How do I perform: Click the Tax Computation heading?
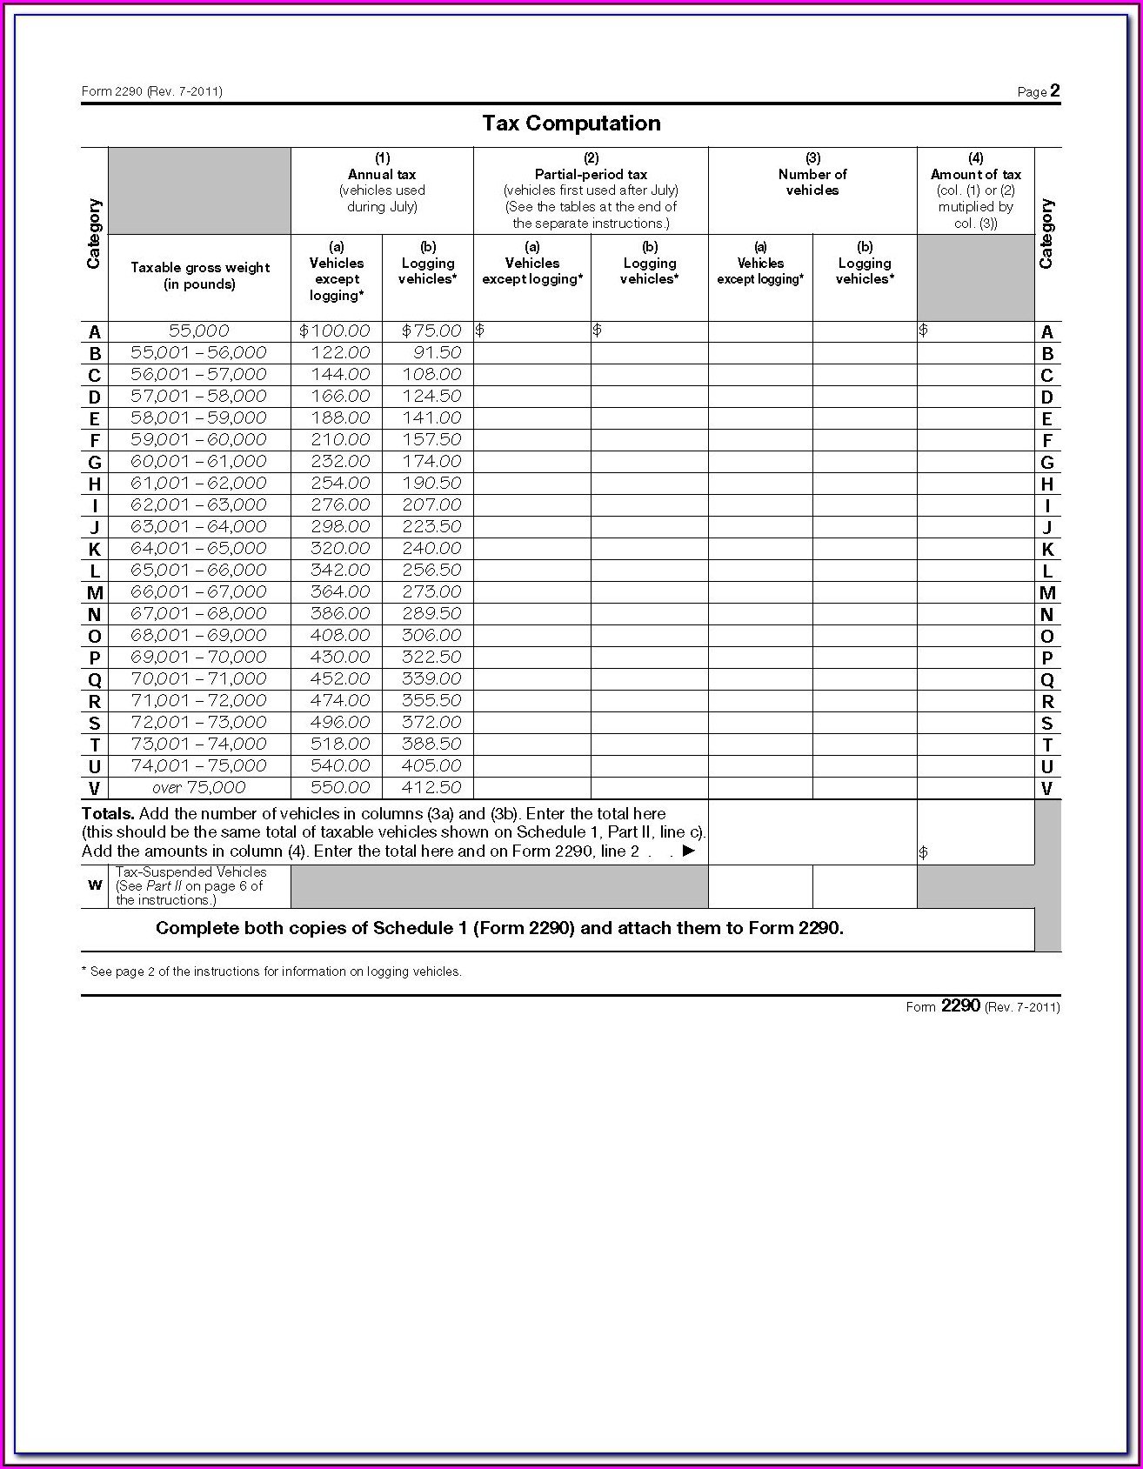pos(571,124)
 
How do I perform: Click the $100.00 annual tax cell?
pos(335,331)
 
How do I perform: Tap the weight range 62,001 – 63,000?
pos(199,504)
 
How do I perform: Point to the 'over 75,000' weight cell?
pos(199,787)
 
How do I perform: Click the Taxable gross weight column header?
pos(200,276)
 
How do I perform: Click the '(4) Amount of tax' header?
pos(975,190)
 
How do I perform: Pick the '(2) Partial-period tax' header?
pos(591,190)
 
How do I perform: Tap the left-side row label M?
pos(94,593)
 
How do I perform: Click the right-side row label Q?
pos(1046,680)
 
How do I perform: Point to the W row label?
pos(95,885)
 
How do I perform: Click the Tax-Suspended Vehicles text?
pos(191,872)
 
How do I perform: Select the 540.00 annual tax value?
pos(340,765)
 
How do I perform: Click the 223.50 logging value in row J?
pos(431,526)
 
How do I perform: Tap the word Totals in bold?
pos(108,814)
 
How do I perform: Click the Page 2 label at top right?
pos(1039,91)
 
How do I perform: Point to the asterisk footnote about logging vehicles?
pos(271,972)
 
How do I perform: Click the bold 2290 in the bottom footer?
pos(960,1005)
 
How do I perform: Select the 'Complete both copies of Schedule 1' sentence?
pos(499,928)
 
